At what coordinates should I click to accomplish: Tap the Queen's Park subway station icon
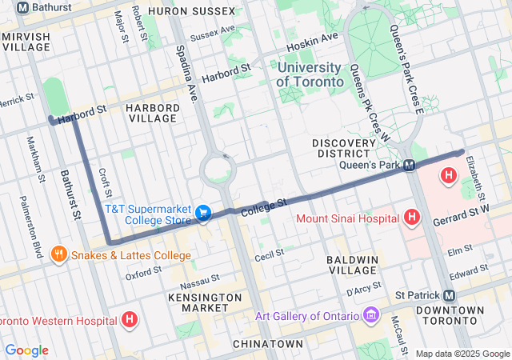(410, 165)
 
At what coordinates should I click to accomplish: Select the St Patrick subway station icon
(449, 294)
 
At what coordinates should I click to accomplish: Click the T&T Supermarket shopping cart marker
(204, 214)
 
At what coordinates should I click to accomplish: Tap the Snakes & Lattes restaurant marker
(58, 255)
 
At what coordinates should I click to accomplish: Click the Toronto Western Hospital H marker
(130, 321)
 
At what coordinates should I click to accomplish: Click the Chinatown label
(267, 343)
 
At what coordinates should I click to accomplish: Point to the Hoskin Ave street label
(312, 38)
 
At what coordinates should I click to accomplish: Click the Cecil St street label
(270, 257)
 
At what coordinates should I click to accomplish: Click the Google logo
(26, 350)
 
